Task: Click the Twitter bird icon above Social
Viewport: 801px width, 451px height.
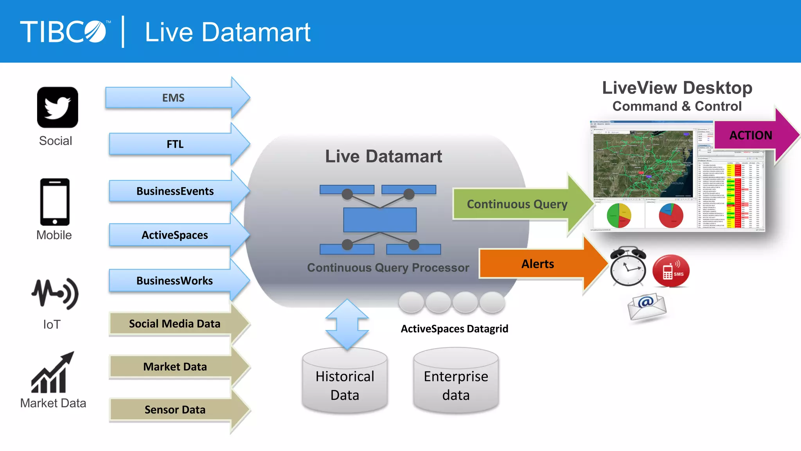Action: (x=57, y=107)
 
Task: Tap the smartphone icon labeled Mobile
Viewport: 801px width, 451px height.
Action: (x=55, y=202)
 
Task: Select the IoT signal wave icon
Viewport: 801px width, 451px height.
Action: (x=55, y=294)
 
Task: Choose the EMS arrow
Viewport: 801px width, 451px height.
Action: (x=174, y=98)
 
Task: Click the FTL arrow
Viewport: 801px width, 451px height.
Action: (x=175, y=144)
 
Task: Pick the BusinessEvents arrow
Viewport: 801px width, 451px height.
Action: (x=175, y=191)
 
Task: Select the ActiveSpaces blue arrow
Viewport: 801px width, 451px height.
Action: (x=175, y=235)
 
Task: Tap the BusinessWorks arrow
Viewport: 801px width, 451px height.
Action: (x=175, y=281)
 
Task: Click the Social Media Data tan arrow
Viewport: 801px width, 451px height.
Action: (x=175, y=324)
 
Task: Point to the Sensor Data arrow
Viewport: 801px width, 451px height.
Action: (x=175, y=410)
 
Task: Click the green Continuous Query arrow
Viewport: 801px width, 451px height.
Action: (x=517, y=204)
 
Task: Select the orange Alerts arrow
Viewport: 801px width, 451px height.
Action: (x=538, y=264)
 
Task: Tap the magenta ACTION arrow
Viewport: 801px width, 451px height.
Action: (x=751, y=135)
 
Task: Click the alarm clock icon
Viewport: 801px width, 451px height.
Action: (x=628, y=267)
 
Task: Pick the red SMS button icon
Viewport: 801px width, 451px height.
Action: (x=671, y=271)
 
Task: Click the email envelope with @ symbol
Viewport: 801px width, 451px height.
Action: (x=647, y=307)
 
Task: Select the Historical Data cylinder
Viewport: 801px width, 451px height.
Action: (x=345, y=382)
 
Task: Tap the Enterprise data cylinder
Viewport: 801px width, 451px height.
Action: (x=456, y=382)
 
